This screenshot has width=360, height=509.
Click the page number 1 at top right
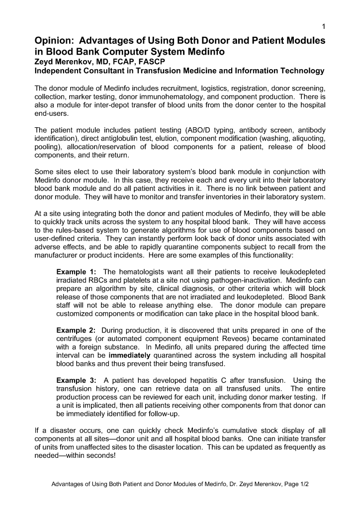(x=323, y=26)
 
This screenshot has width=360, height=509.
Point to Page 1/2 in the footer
(x=295, y=484)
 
